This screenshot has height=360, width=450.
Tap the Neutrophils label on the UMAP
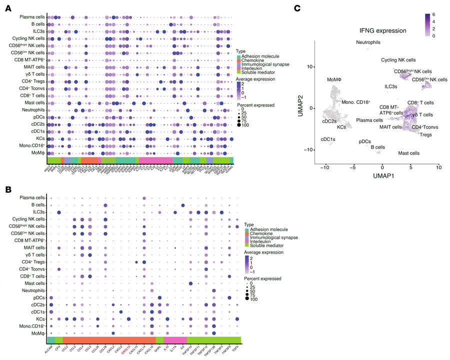[x=370, y=43]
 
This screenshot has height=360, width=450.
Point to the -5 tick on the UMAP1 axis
[x=353, y=168]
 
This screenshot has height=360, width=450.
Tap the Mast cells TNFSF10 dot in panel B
[x=190, y=283]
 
